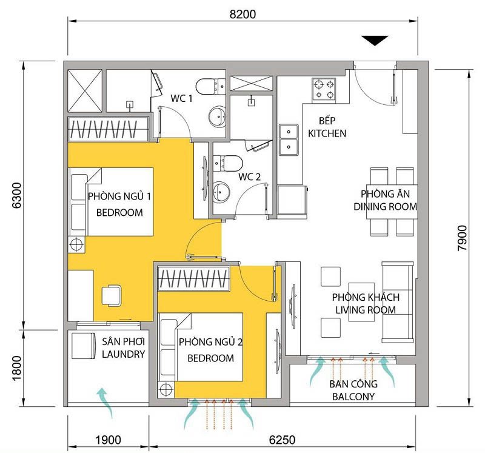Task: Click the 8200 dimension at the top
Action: (x=242, y=14)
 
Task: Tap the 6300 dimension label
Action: (x=17, y=195)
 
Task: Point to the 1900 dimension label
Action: (x=108, y=440)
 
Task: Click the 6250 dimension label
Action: (x=282, y=440)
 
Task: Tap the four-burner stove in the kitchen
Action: (x=324, y=89)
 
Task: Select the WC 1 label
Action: (x=181, y=98)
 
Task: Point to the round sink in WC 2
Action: (x=221, y=192)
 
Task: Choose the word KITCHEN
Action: (x=327, y=133)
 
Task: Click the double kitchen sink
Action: (x=289, y=139)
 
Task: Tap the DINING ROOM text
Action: (x=386, y=206)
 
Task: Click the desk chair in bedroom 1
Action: (x=112, y=295)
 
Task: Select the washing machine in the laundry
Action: (x=84, y=346)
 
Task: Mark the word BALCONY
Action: (x=353, y=397)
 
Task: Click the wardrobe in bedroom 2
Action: (x=193, y=278)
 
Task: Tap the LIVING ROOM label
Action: (x=366, y=310)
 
